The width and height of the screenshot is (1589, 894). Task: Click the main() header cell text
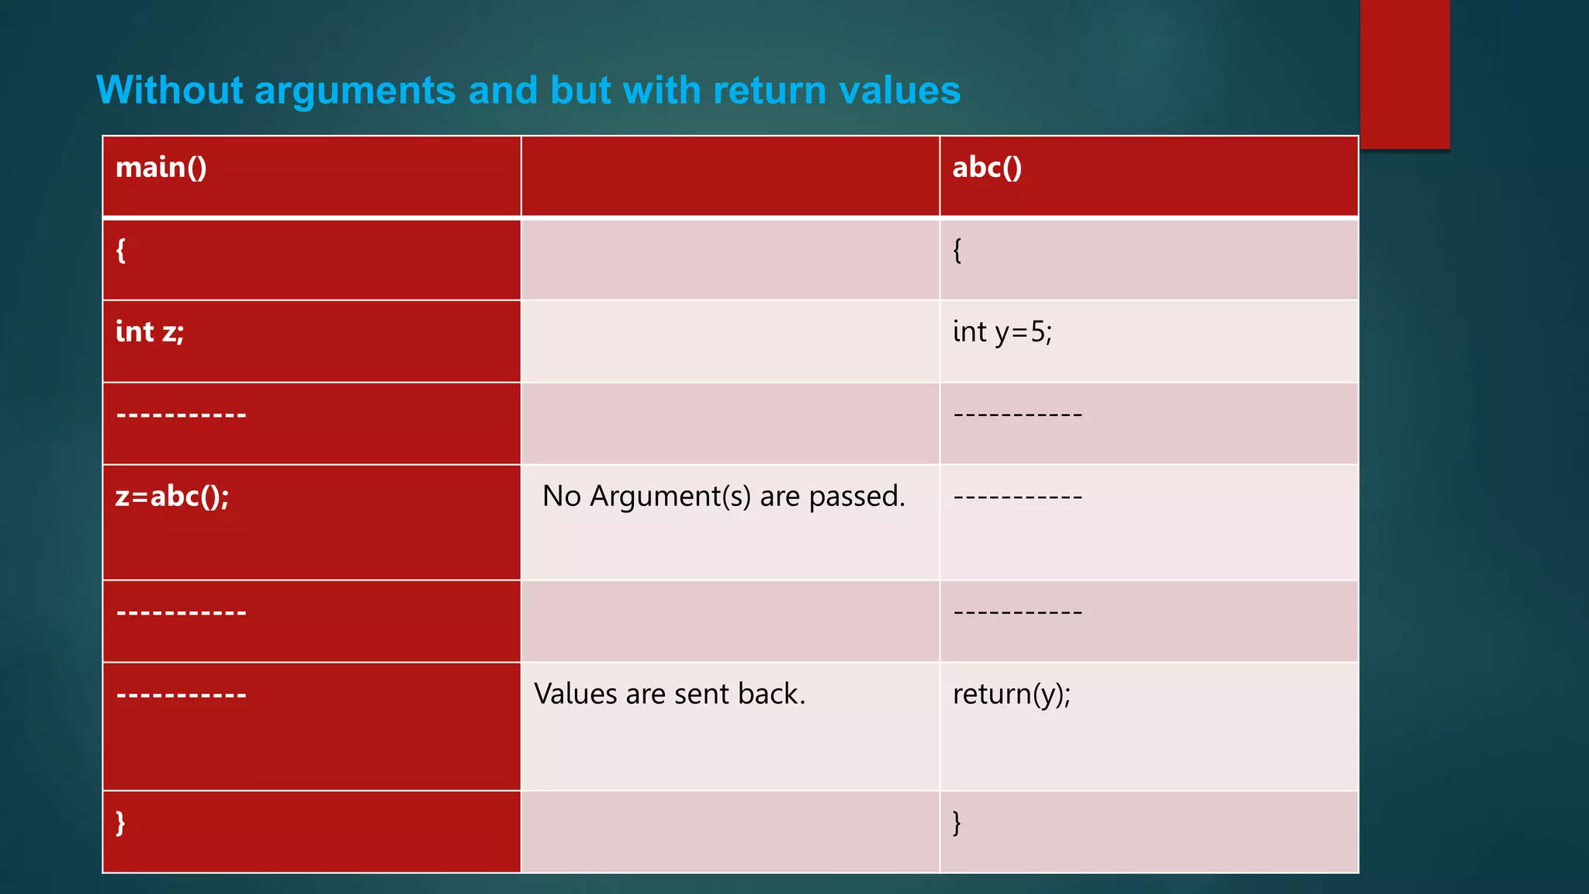161,168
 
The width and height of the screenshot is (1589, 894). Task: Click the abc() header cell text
987,168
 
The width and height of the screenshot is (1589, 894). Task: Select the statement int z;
150,332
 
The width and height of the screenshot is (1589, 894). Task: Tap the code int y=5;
1002,332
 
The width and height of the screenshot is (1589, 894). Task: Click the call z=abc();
172,497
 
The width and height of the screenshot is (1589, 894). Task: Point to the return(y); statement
1011,694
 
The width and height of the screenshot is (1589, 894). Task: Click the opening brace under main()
121,251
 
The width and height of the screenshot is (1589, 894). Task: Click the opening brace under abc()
957,251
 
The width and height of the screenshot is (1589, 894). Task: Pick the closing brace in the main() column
121,822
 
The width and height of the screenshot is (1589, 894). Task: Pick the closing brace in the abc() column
957,822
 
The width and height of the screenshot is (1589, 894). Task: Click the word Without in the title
170,90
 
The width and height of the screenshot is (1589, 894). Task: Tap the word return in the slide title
770,90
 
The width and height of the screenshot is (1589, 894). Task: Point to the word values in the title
900,90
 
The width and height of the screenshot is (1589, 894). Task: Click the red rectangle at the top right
1404,74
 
